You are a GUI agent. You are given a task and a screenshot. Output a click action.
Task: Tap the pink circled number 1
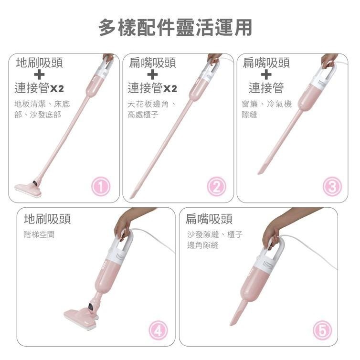coord(101,187)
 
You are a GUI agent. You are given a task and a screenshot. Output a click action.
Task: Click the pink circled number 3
coord(332,187)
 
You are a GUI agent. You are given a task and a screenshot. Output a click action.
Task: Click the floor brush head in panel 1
coord(29,190)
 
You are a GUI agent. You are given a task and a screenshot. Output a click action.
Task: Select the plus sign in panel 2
coord(152,75)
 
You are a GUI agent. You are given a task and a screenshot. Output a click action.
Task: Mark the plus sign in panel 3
coord(266,75)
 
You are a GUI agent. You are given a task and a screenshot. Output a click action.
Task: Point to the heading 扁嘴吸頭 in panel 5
coord(209,219)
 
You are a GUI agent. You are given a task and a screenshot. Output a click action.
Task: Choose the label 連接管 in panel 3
coord(266,88)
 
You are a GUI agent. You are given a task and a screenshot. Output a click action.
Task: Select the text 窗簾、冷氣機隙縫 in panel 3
coord(266,109)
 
